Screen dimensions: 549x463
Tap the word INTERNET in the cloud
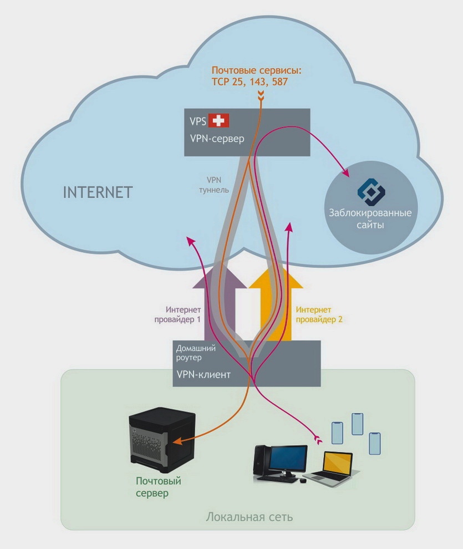tap(98, 192)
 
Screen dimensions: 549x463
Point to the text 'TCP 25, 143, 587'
tap(250, 82)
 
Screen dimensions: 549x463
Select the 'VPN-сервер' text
tap(217, 139)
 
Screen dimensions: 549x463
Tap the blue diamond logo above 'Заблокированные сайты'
tap(371, 190)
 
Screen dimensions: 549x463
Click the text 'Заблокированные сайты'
tap(371, 219)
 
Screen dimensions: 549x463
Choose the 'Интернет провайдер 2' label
tap(314, 314)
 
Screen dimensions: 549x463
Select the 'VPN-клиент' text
tap(203, 374)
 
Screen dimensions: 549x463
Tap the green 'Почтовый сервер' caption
tap(159, 487)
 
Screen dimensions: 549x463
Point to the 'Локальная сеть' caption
tap(249, 517)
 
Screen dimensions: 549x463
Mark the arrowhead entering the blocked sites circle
tap(347, 175)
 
